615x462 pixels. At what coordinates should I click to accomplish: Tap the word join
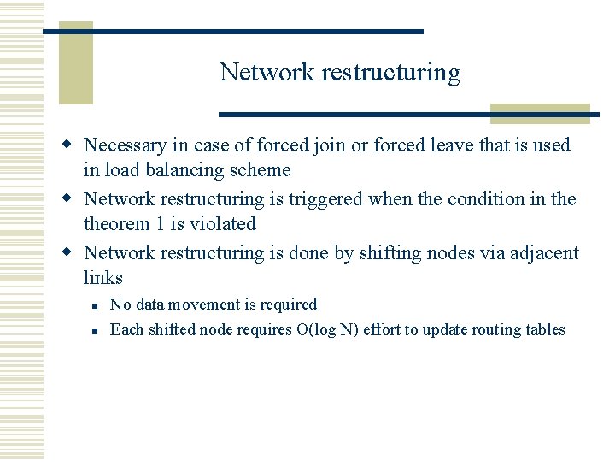tap(331, 146)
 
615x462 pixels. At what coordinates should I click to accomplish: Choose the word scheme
tap(261, 170)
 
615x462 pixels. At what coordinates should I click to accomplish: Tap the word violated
tap(224, 223)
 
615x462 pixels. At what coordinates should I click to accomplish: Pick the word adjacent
tap(544, 253)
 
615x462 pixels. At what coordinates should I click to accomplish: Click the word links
tap(103, 277)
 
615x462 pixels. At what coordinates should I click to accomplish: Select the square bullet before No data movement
tap(97, 305)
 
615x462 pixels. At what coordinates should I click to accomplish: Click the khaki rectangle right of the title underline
tap(540, 114)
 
